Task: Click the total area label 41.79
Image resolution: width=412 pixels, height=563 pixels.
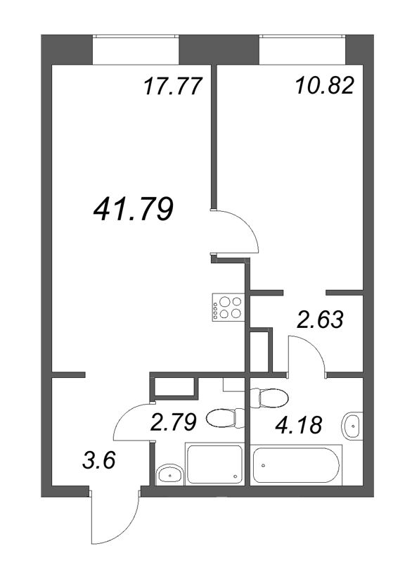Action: tap(133, 209)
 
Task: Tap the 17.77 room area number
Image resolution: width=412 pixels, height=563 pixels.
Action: tap(172, 87)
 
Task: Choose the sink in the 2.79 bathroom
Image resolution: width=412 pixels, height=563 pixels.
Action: tap(169, 474)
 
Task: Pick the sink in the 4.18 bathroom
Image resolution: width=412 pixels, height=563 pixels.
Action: tap(352, 426)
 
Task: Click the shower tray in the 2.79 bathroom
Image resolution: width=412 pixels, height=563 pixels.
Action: tap(214, 464)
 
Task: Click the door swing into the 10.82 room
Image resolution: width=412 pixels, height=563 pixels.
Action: tap(238, 232)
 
